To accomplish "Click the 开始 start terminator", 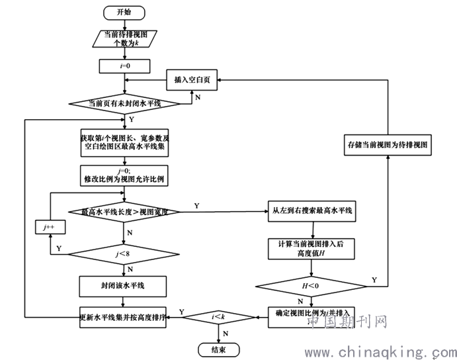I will tap(124, 11).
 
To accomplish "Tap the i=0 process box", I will tap(123, 66).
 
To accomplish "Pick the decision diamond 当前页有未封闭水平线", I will tap(124, 103).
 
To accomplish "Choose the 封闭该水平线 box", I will tap(124, 285).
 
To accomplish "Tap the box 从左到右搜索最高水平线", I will tap(312, 211).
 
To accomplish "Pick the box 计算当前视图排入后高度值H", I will tap(312, 249).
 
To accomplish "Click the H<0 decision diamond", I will tap(312, 286).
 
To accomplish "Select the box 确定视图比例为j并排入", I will tap(312, 313).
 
